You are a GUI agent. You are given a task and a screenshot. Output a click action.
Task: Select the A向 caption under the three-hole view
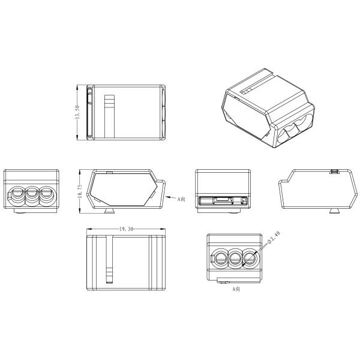[x=236, y=289]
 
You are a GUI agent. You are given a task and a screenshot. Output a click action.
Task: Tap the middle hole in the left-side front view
[x=31, y=194]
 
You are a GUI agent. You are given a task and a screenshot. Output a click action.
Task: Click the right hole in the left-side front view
[x=44, y=194]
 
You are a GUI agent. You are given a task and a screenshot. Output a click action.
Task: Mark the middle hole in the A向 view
[x=235, y=259]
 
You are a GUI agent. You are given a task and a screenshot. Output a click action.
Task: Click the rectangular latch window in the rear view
[x=222, y=200]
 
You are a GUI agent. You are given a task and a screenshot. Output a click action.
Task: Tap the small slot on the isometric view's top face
[x=247, y=91]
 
